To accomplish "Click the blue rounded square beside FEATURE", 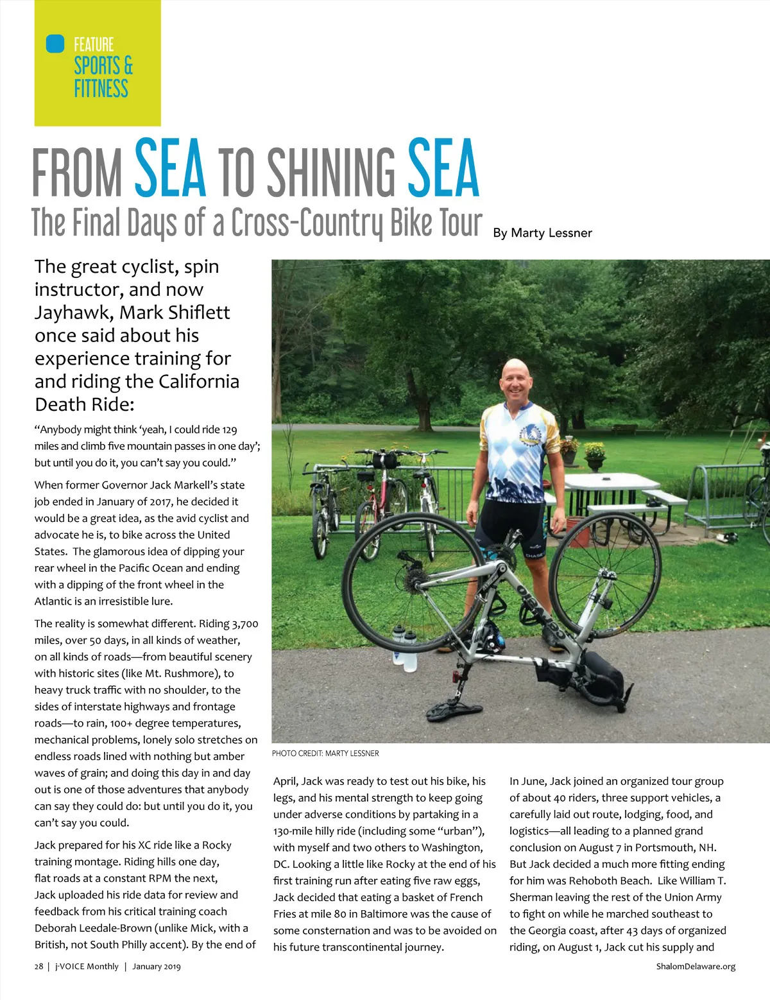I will [56, 44].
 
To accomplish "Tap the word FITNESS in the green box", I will [101, 89].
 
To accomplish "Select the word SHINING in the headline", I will [331, 172].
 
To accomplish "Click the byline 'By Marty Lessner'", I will [542, 233].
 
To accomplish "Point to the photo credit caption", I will [325, 753].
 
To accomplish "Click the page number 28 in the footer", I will [38, 967].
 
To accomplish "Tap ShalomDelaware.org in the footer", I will [696, 967].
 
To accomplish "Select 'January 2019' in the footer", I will [157, 967].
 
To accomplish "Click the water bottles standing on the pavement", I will [405, 648].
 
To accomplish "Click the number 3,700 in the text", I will [245, 623].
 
